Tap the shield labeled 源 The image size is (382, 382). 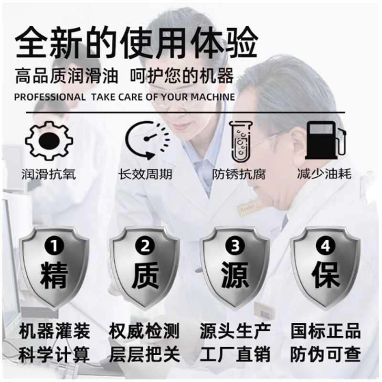click(x=235, y=268)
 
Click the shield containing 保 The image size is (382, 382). click(x=326, y=268)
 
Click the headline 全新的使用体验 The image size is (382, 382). click(x=136, y=43)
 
